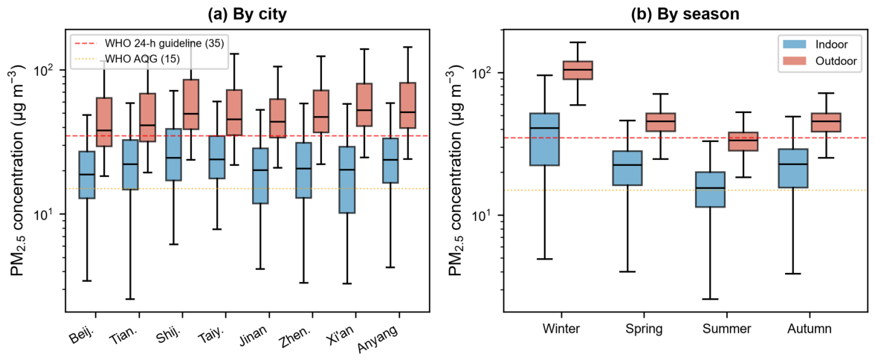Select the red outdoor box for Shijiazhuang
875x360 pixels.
[x=191, y=104]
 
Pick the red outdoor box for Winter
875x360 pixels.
[x=578, y=71]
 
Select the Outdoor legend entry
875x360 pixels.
[x=814, y=61]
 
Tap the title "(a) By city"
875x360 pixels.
[x=248, y=15]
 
